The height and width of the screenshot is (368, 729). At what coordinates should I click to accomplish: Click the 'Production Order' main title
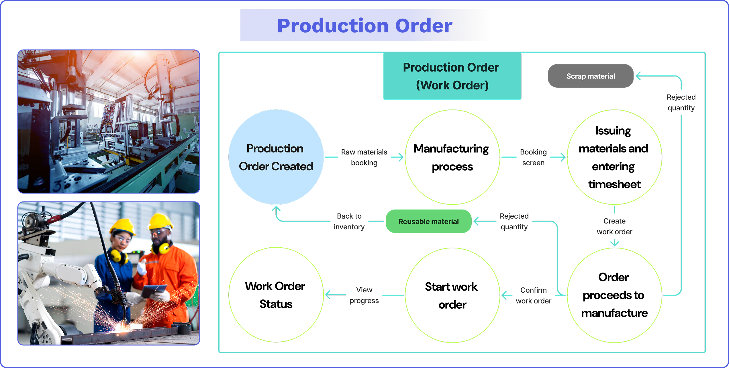coord(364,26)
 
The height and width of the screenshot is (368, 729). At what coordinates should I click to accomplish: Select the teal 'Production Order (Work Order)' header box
coord(452,76)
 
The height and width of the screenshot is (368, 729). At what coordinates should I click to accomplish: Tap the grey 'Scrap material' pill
coord(590,76)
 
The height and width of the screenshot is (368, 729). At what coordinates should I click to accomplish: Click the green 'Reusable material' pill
coord(428,222)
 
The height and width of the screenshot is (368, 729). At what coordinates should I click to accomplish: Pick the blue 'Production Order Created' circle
coord(276,157)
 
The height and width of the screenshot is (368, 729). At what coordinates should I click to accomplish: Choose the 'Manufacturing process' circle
coord(452,157)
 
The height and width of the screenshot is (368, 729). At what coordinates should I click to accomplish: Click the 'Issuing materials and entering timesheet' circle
coord(614,157)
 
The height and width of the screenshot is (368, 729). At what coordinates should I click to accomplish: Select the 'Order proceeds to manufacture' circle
coord(614,295)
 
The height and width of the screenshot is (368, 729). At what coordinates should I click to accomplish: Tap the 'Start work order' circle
coord(452,295)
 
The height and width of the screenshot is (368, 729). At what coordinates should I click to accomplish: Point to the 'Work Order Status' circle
coord(276,295)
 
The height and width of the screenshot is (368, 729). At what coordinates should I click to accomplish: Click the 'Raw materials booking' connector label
coord(364,157)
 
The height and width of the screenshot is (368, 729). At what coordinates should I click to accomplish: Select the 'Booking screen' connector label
coord(533,157)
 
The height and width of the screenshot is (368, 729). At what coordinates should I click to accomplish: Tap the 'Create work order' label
coord(614,226)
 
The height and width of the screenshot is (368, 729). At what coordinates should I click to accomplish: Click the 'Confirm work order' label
coord(533,295)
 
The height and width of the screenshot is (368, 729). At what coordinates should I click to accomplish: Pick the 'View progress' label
coord(364,295)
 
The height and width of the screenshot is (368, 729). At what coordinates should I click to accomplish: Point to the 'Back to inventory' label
coord(349,221)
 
